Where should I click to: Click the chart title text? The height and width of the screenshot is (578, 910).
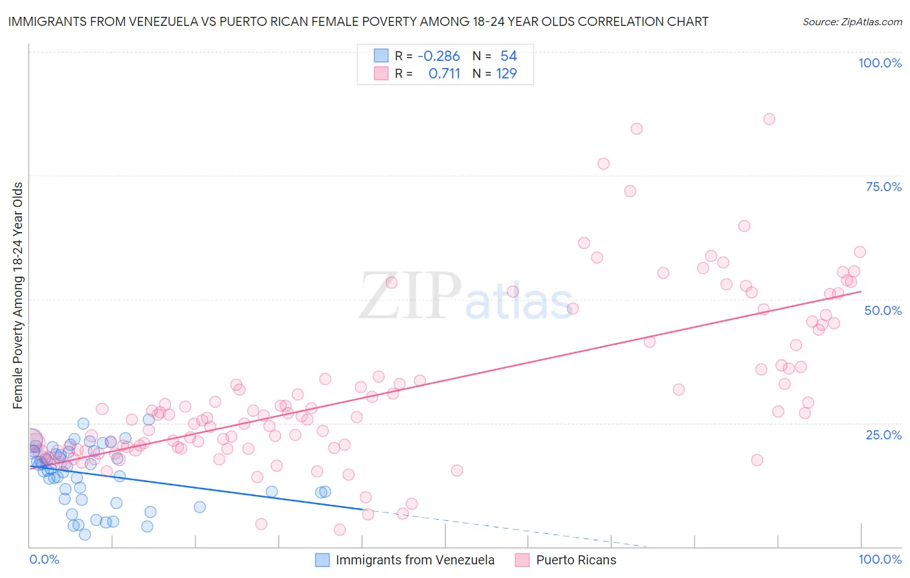(x=358, y=21)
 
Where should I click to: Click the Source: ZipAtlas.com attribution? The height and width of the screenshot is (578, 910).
(x=852, y=21)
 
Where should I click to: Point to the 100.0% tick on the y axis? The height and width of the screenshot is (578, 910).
(x=880, y=63)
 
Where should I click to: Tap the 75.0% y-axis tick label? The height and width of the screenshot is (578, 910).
(x=883, y=187)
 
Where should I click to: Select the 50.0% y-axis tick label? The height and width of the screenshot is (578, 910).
(x=883, y=310)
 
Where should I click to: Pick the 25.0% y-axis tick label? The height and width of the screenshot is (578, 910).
(x=883, y=434)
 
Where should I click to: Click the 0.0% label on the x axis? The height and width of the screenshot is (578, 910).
(x=44, y=559)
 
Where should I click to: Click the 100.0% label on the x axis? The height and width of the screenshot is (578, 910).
(x=880, y=559)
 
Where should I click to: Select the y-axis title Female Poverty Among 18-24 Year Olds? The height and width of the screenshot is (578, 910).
(x=18, y=295)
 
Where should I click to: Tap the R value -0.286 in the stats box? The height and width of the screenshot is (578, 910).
(x=438, y=56)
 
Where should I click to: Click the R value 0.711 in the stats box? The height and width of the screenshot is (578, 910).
(x=444, y=74)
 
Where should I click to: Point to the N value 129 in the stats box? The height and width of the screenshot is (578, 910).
(x=506, y=74)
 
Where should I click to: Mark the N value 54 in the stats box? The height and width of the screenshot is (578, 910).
(x=508, y=56)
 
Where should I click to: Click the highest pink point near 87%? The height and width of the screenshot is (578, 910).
(x=769, y=119)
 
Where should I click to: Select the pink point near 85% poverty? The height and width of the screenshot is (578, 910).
(x=636, y=129)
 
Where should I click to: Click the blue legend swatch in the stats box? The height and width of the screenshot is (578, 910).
(x=381, y=56)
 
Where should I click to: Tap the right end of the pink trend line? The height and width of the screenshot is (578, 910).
(x=861, y=292)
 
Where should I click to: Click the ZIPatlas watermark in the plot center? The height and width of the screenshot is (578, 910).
(x=466, y=297)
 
